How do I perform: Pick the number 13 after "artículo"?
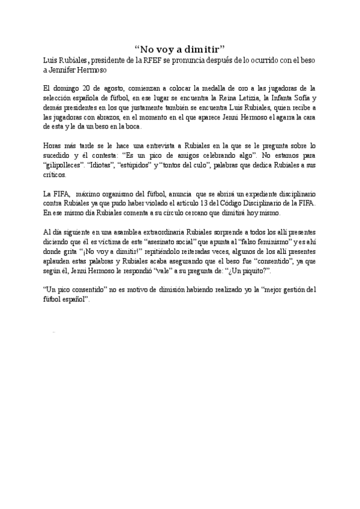point(216,203)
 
